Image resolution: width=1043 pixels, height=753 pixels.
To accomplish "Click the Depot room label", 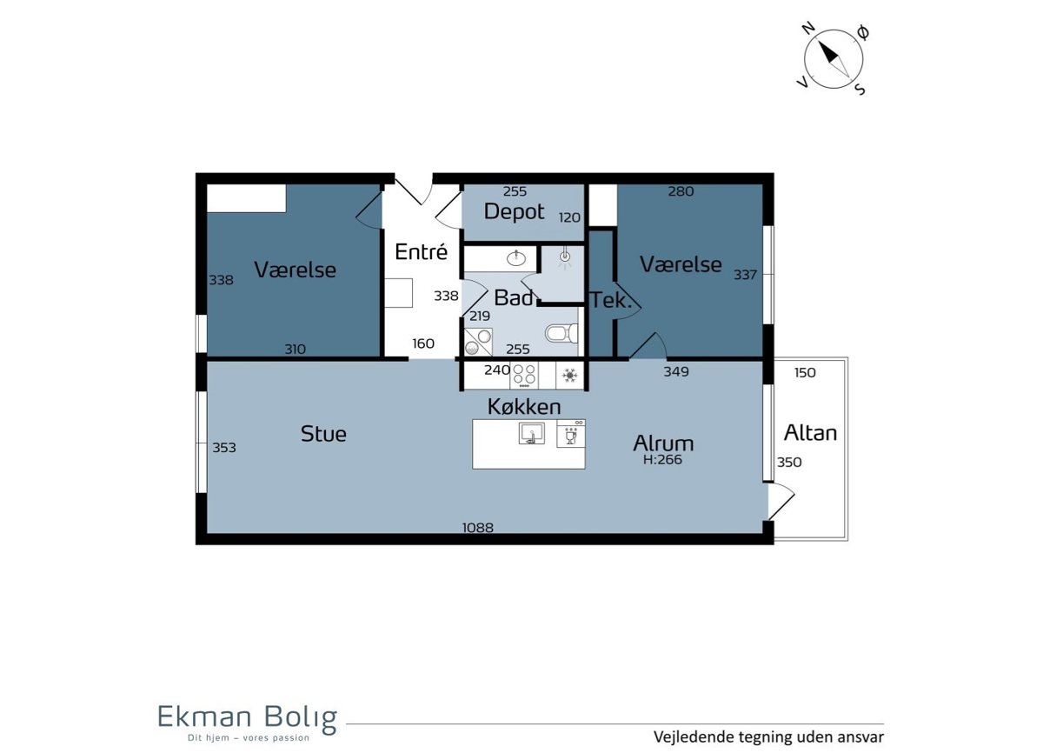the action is point(514,212).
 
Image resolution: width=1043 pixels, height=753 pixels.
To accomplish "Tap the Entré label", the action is point(421,252).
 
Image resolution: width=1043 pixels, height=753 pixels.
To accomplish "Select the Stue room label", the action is point(323,434).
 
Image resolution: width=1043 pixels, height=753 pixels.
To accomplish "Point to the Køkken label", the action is point(524,407).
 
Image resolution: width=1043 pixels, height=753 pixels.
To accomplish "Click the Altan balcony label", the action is point(811,433).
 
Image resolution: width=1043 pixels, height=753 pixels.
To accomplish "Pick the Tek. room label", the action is point(611,300).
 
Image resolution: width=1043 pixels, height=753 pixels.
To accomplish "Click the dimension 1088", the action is point(478,528).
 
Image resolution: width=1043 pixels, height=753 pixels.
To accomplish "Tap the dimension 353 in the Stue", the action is point(224,448).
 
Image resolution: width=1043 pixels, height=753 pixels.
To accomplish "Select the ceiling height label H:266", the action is point(662,460).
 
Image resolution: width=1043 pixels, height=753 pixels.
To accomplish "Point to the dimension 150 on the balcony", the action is point(805,372).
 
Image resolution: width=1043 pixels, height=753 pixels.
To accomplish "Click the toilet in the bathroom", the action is point(562,333).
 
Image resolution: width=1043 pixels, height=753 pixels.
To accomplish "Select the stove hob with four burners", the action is point(524,375).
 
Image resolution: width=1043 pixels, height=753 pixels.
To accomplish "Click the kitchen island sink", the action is point(531,433).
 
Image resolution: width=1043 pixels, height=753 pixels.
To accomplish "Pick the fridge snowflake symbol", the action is point(569,375).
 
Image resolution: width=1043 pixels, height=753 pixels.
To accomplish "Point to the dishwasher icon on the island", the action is point(571,434).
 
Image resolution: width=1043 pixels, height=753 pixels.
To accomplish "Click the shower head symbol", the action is point(565,258).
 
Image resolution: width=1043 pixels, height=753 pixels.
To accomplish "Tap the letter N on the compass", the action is point(809,29).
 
